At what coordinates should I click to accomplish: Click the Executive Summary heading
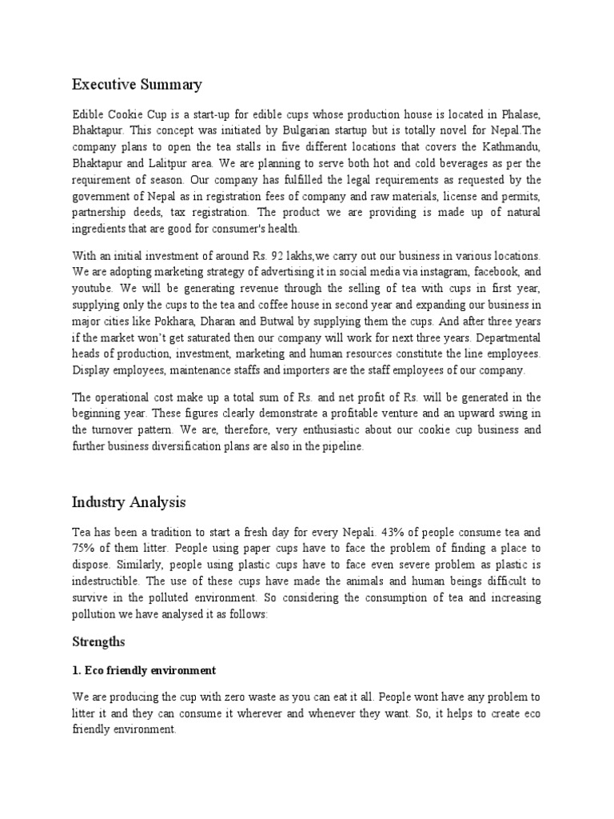click(x=137, y=84)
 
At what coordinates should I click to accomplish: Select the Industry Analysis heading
click(x=129, y=502)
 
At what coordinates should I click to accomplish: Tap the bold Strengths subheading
click(x=98, y=641)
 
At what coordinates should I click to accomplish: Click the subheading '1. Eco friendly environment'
click(x=144, y=669)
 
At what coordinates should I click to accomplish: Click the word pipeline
click(x=341, y=447)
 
